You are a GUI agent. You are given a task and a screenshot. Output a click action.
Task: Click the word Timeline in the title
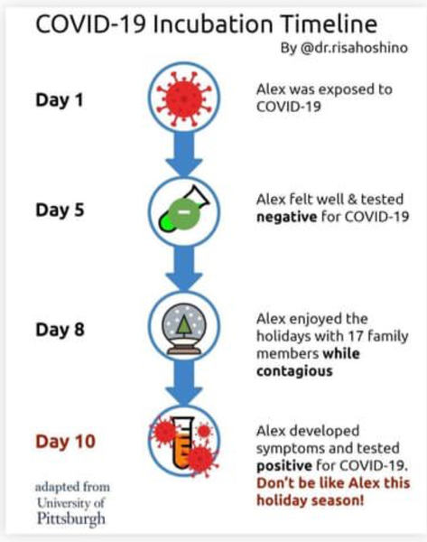click(x=329, y=24)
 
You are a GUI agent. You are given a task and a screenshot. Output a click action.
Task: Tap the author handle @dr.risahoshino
click(x=354, y=48)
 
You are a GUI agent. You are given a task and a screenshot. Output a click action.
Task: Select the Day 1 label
click(x=60, y=100)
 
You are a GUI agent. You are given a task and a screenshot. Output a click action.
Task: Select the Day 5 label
click(x=60, y=210)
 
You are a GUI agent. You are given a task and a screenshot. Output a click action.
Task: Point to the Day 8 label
click(x=60, y=330)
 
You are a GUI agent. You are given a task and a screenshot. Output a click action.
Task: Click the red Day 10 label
click(x=65, y=442)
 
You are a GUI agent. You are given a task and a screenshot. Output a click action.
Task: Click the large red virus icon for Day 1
click(x=184, y=98)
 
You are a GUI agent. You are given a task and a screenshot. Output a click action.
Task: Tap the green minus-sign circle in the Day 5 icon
click(x=185, y=213)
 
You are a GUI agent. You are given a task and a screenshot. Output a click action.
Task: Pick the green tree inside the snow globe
click(x=184, y=325)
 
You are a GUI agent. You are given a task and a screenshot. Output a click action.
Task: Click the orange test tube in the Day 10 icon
click(x=183, y=444)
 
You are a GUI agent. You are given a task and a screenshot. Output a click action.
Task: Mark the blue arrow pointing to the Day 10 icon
click(x=184, y=382)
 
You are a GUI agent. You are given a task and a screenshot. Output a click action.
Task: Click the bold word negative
click(x=287, y=217)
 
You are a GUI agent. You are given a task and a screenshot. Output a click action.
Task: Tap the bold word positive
click(x=284, y=466)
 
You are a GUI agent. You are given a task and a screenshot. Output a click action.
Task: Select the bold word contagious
click(x=294, y=371)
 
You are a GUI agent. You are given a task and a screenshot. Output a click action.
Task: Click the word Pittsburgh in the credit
click(x=71, y=519)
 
